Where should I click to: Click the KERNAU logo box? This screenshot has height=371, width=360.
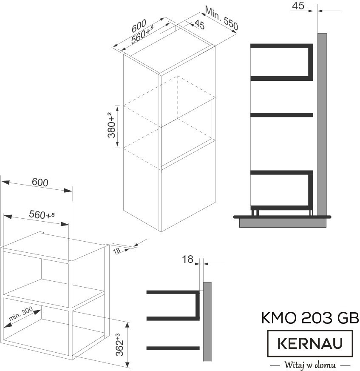tap(310, 343)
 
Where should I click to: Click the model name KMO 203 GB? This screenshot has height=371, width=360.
tap(310, 318)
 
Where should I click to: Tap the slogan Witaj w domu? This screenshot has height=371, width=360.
tap(310, 365)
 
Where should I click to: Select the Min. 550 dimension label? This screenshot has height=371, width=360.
tap(221, 18)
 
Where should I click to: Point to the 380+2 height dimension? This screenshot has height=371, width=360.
tap(111, 125)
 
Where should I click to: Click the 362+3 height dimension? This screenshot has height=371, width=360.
tap(119, 345)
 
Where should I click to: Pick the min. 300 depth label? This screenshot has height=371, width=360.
tap(21, 314)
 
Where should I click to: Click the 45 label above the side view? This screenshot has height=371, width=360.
tap(298, 6)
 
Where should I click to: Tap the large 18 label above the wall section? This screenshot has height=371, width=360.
tap(187, 260)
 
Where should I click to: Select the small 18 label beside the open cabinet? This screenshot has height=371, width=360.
tap(116, 251)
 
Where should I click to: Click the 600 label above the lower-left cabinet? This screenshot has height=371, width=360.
tap(40, 182)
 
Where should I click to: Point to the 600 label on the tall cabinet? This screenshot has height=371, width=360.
tap(139, 26)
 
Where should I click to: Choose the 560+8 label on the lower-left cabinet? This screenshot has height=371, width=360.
tap(42, 214)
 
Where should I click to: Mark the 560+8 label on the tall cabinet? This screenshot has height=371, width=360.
tap(142, 34)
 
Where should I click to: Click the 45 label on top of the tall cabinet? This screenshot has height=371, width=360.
tap(199, 25)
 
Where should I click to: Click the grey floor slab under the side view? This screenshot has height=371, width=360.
tap(283, 223)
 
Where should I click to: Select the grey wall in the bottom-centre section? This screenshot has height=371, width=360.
tap(207, 322)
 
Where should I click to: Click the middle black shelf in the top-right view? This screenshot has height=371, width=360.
tap(282, 115)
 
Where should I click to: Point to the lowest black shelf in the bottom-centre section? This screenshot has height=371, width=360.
tap(173, 348)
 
